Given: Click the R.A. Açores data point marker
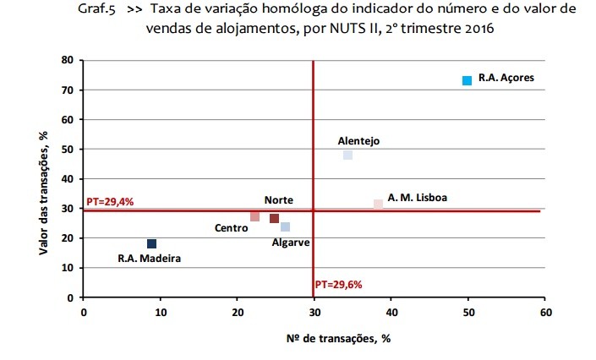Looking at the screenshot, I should [x=467, y=80].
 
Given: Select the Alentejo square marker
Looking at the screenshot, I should [x=347, y=155].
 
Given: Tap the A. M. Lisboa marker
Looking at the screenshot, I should [x=378, y=204].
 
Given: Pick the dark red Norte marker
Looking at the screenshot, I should [x=274, y=218].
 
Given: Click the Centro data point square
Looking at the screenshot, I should [x=254, y=216].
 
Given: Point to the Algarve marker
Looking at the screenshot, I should [x=286, y=226].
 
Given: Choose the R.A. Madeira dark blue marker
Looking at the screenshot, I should [x=151, y=243].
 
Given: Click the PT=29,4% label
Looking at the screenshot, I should [x=110, y=202].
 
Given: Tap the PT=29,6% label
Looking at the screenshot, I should [x=339, y=284].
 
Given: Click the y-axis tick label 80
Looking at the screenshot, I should [x=67, y=60].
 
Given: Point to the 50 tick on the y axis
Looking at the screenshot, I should [x=67, y=150].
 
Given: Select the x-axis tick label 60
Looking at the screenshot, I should [x=544, y=313].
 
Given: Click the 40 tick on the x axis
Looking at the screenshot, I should [x=391, y=313].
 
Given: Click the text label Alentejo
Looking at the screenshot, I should [x=358, y=140].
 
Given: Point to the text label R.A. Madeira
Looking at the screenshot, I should [x=149, y=259].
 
